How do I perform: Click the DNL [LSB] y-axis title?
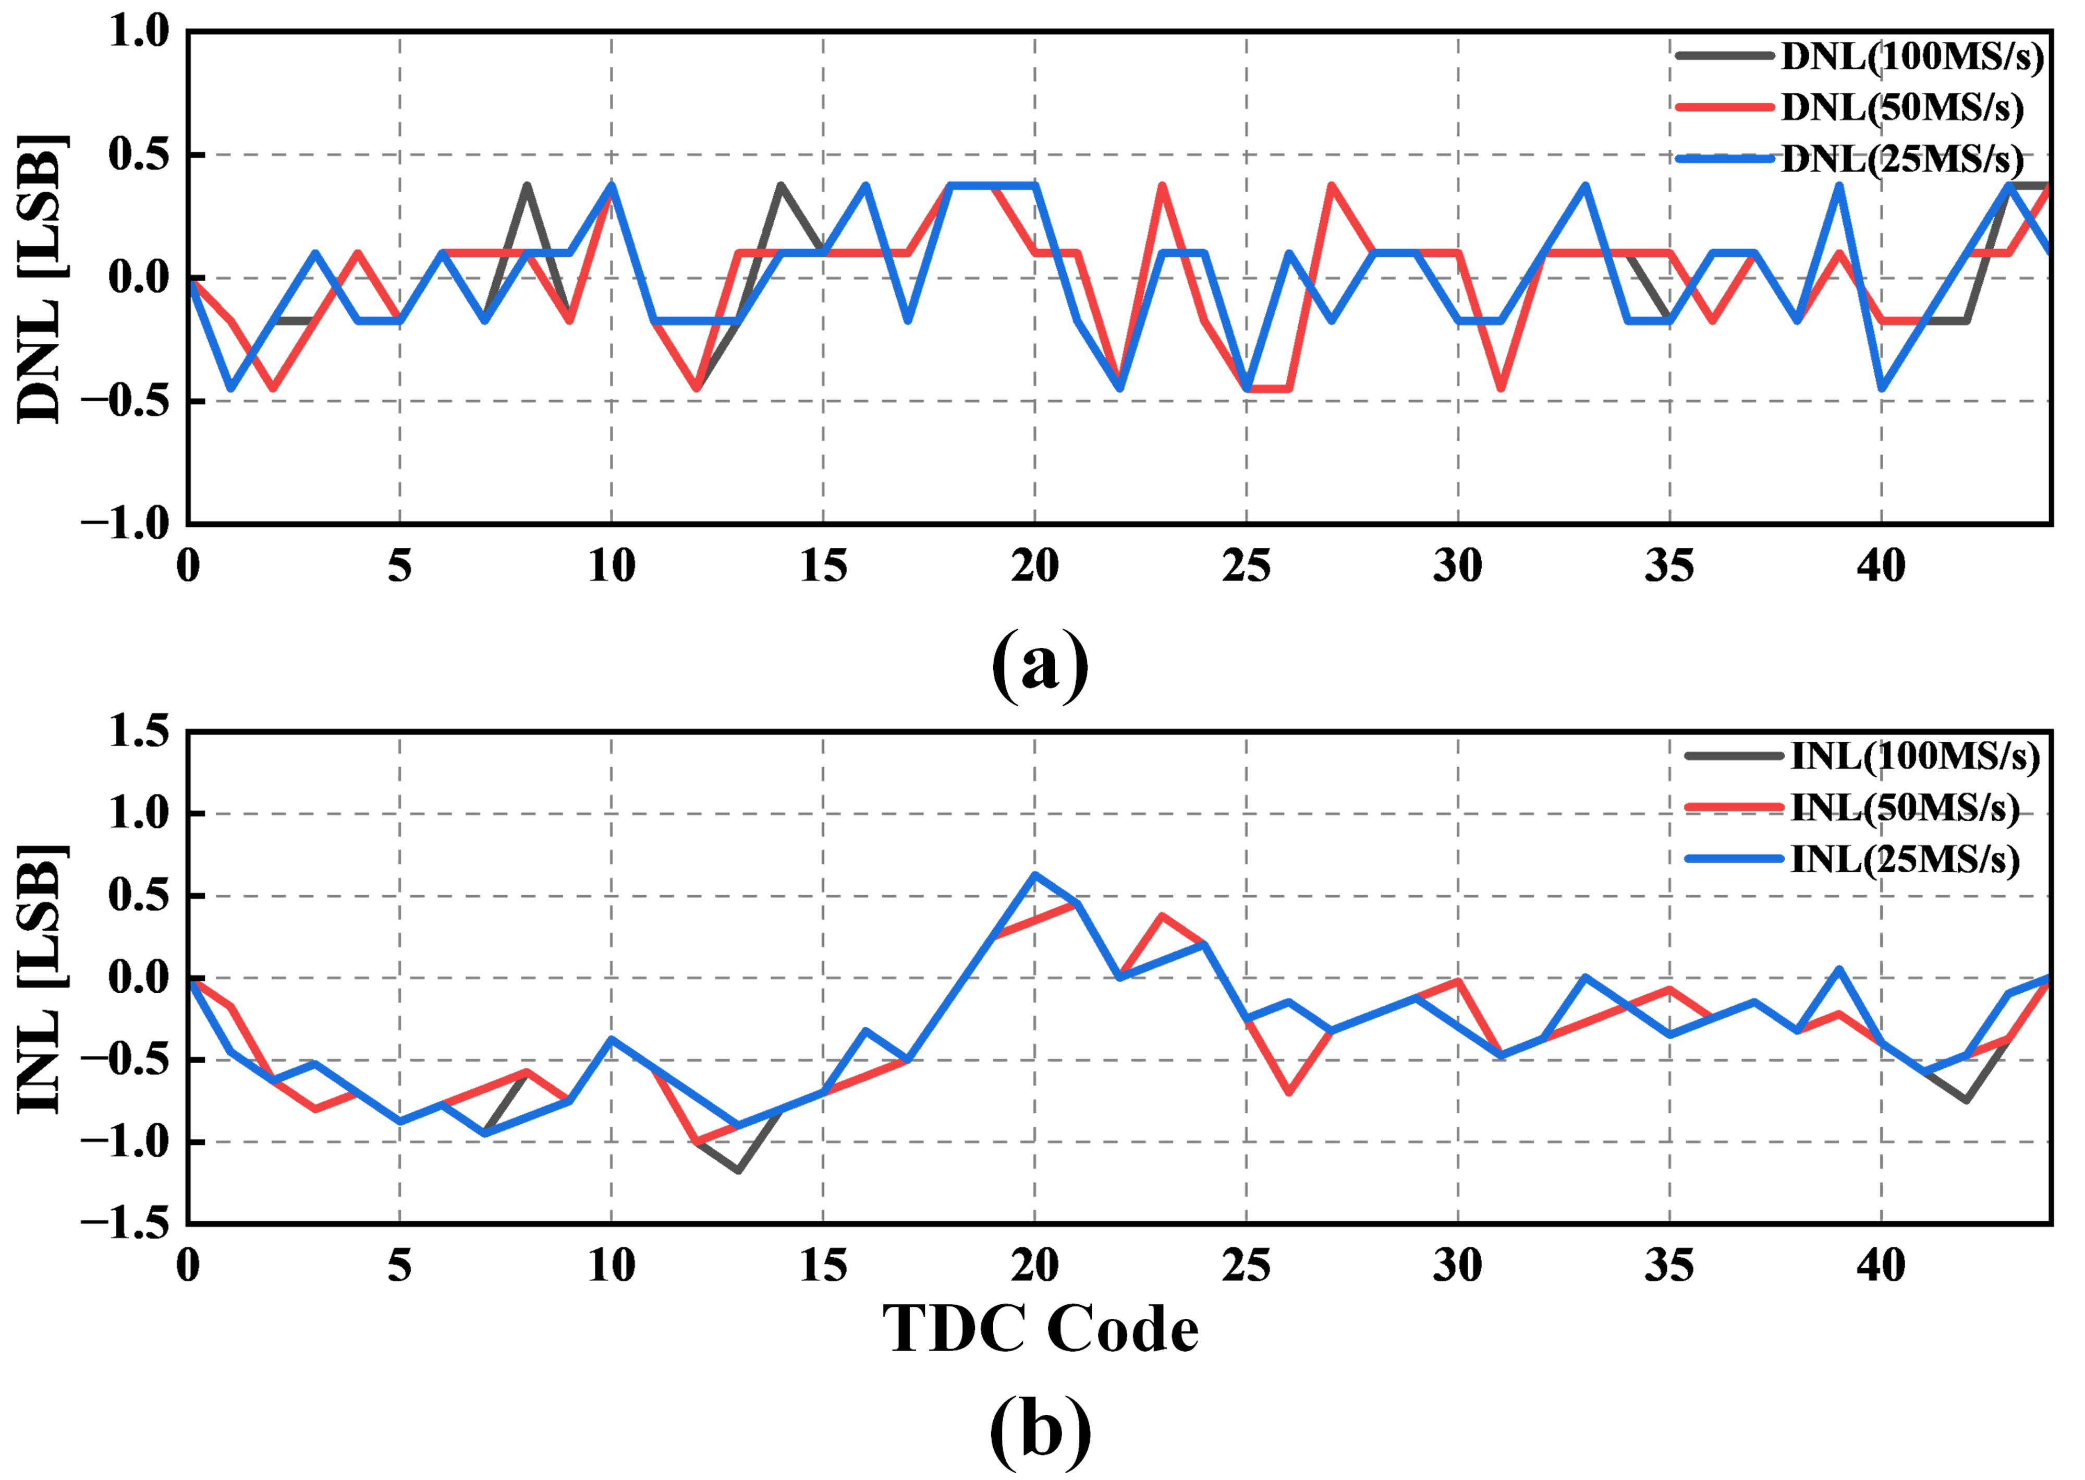(x=41, y=278)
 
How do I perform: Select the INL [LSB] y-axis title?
(x=41, y=978)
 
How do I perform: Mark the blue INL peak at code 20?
(x=1035, y=875)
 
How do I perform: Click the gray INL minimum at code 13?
(x=738, y=1170)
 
